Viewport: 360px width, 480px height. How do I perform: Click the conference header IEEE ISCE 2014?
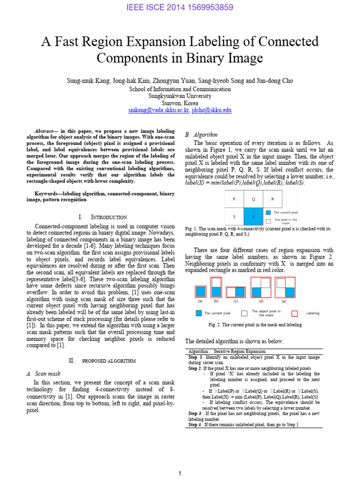point(180,7)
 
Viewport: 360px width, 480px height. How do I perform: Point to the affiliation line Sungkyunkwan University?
point(180,96)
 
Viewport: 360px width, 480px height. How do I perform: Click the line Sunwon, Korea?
point(180,103)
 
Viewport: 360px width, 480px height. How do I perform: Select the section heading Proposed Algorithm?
point(109,361)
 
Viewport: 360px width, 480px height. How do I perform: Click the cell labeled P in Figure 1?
point(234,199)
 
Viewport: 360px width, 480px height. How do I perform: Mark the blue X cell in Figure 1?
point(253,216)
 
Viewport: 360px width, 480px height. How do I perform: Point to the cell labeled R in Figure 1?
point(272,199)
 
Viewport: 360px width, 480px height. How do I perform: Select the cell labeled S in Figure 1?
point(234,216)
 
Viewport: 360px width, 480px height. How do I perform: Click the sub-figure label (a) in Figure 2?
point(200,301)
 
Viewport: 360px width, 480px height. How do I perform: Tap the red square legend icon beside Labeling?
point(294,313)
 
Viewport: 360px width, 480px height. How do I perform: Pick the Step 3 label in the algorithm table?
point(195,413)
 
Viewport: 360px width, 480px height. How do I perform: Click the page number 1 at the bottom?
point(180,474)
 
